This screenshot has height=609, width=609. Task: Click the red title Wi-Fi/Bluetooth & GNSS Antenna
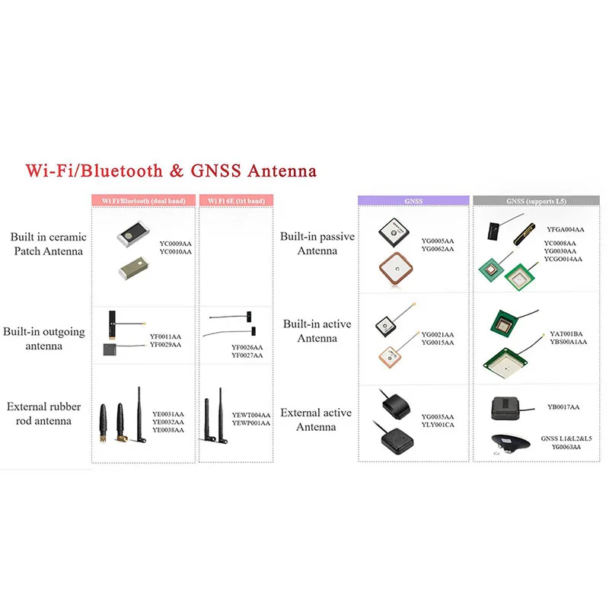[x=170, y=170]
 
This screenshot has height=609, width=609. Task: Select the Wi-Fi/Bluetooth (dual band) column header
[x=143, y=201]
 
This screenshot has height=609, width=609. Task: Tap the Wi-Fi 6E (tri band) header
[x=236, y=201]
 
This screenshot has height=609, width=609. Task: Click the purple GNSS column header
[x=414, y=201]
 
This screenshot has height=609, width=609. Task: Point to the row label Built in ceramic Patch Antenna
[x=49, y=244]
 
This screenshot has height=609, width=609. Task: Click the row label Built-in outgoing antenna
[x=43, y=339]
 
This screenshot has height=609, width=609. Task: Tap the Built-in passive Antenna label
[x=317, y=244]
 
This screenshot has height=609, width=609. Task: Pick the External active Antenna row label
[x=316, y=419]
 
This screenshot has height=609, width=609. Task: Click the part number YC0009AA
[x=175, y=243]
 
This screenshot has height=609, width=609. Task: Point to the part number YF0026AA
[x=247, y=348]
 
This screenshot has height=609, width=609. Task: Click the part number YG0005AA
[x=437, y=241]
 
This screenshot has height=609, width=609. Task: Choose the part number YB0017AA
[x=563, y=407]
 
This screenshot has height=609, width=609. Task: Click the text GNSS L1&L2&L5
[x=566, y=439]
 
